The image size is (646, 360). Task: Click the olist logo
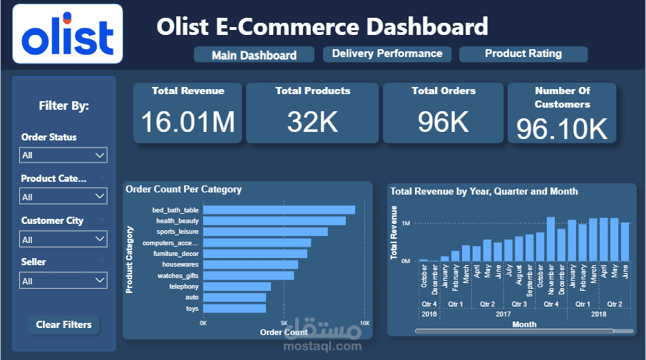click(68, 34)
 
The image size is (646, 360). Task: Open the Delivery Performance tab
click(387, 54)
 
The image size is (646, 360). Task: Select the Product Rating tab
click(523, 54)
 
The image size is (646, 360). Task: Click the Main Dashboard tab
click(255, 55)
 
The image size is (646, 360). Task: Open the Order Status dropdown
click(63, 155)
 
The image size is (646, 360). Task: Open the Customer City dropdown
click(63, 240)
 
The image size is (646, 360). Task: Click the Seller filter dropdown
click(63, 281)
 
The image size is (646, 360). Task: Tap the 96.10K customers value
click(562, 129)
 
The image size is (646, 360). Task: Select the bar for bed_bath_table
click(279, 210)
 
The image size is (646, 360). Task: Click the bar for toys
click(235, 309)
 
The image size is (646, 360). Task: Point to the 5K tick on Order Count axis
click(284, 323)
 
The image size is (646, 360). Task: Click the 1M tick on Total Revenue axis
click(404, 223)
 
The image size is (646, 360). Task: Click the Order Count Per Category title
click(183, 190)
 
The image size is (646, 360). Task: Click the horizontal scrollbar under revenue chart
click(513, 331)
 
